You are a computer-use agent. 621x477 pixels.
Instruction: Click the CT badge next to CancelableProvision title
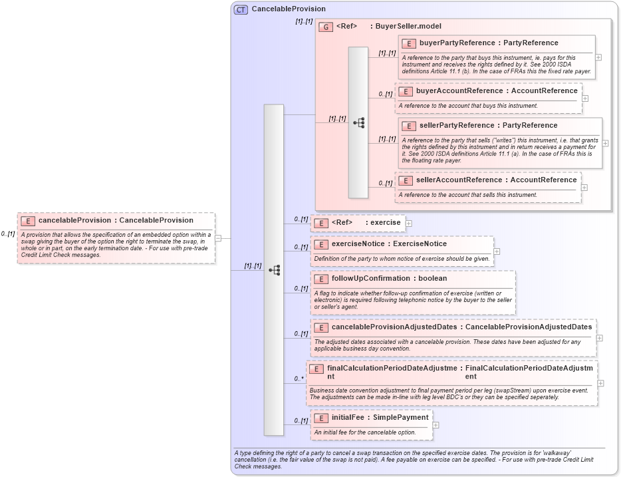241,9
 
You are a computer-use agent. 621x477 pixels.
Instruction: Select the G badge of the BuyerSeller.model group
326,27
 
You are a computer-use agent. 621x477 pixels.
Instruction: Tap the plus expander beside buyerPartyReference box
598,57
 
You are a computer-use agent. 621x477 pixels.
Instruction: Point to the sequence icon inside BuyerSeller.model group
359,123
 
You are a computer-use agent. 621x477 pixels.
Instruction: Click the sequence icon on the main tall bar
274,270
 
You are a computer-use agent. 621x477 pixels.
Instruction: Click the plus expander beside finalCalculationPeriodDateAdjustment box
601,383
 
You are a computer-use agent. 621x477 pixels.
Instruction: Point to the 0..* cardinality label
299,379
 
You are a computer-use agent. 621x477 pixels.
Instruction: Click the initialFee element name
351,418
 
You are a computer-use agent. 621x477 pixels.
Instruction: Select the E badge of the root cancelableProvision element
28,220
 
